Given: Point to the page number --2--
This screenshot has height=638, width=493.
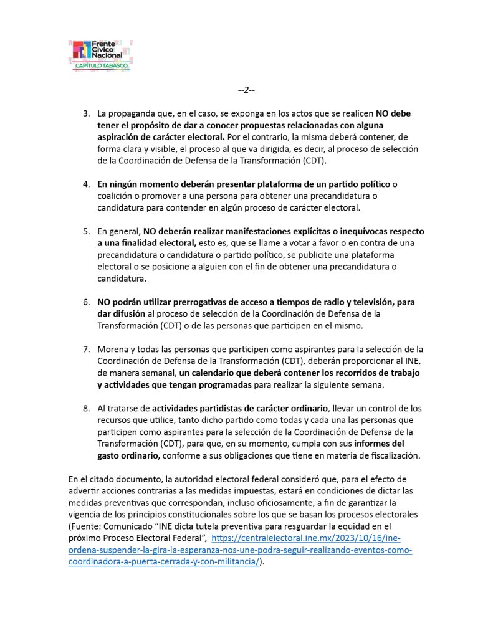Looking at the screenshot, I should (246, 90).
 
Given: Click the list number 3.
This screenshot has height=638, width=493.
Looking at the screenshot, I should (86, 114).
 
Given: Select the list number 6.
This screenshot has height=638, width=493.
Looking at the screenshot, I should (86, 302).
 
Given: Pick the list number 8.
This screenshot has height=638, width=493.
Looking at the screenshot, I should (86, 408).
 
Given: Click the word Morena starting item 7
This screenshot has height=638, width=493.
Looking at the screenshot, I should (112, 349).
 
